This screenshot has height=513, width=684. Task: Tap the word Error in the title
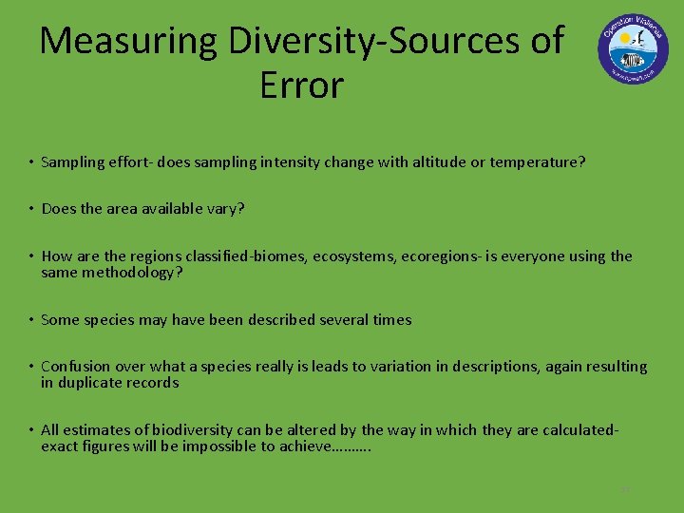tap(300, 85)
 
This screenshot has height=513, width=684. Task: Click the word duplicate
tap(90, 383)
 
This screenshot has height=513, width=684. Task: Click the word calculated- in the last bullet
tap(580, 430)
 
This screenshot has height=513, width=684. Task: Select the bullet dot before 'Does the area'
tap(31, 209)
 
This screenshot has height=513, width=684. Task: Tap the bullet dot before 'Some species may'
tap(31, 320)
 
